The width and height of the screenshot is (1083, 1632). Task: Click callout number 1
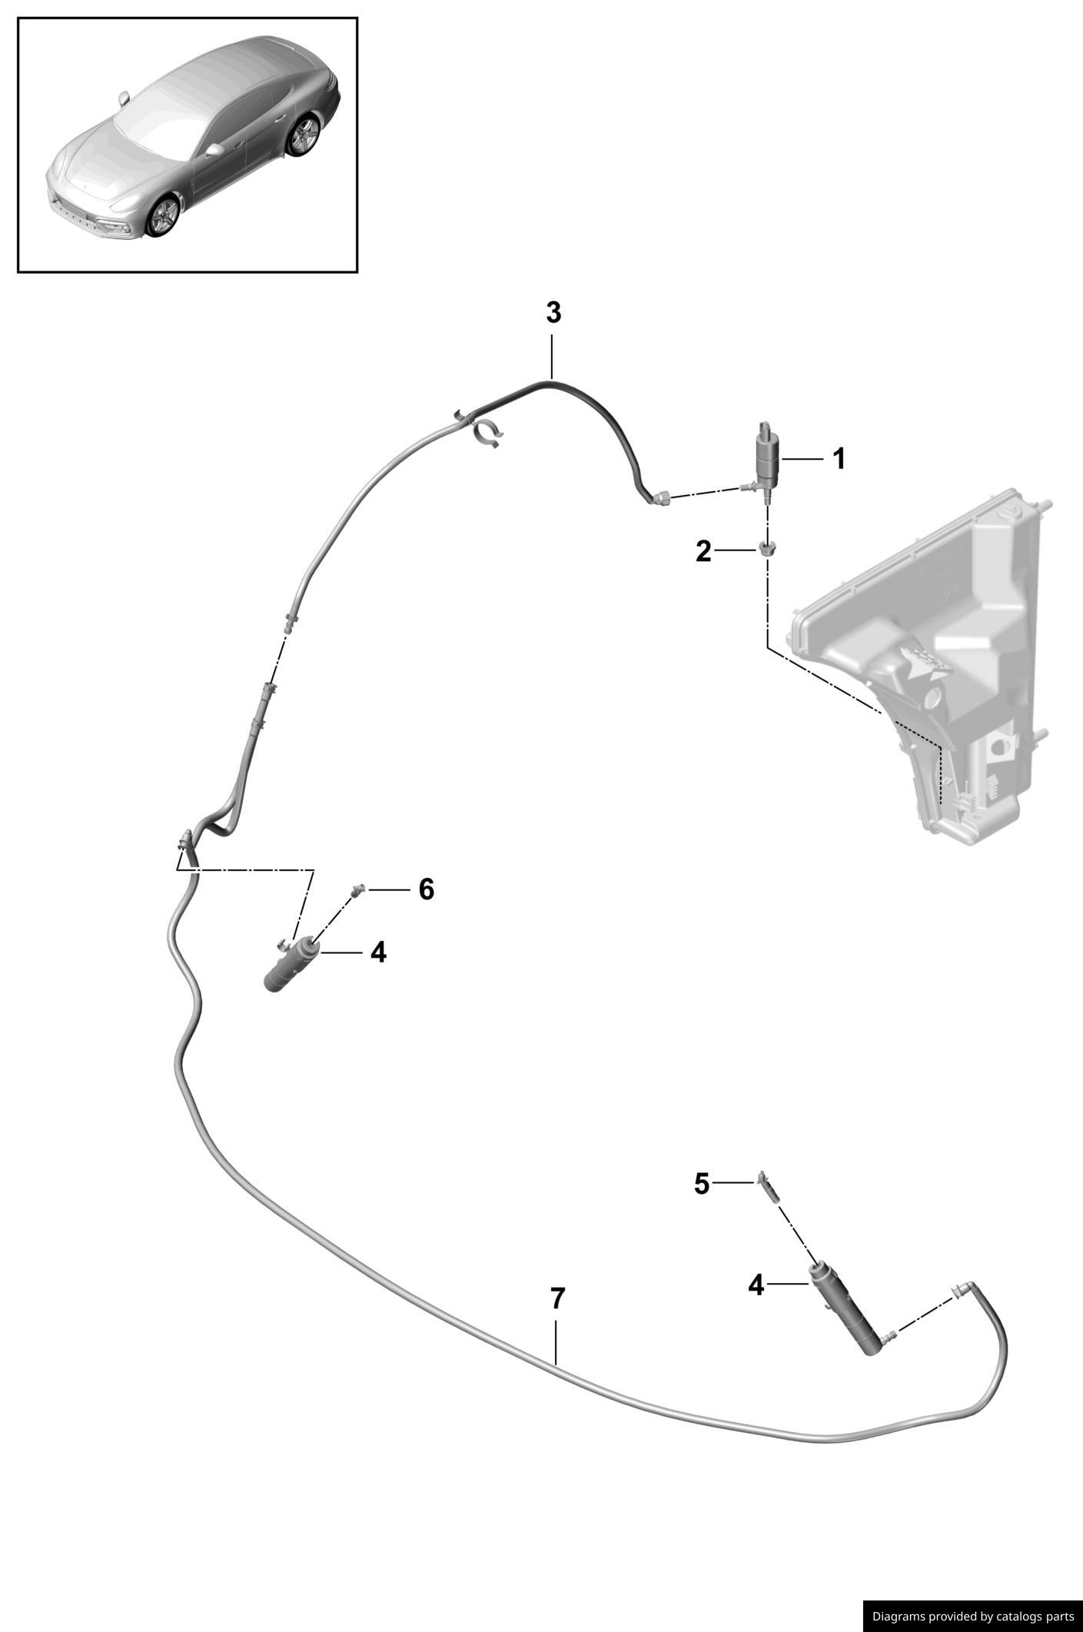tap(839, 459)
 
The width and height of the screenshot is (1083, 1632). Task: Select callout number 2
tap(703, 551)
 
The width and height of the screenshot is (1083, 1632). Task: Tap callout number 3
tap(553, 313)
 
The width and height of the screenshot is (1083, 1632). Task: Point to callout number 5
tap(701, 1184)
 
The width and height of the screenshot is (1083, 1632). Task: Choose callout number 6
tap(426, 889)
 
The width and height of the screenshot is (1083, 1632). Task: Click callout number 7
tap(558, 1298)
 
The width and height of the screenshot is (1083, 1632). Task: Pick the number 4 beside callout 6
tap(377, 953)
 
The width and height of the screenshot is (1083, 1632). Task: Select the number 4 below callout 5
tap(756, 1285)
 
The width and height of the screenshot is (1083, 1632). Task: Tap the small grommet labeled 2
tap(767, 549)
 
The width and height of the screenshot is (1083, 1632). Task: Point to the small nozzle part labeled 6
tap(357, 891)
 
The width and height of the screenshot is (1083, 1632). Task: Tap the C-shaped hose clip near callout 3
tap(488, 433)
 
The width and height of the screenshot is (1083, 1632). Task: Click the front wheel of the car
tap(162, 216)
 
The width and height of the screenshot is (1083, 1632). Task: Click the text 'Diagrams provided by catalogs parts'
tap(973, 1615)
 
